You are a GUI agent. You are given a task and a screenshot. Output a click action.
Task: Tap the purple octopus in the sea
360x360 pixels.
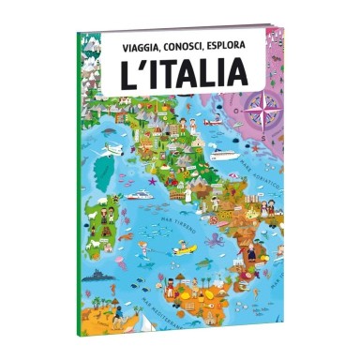pos(215,241)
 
